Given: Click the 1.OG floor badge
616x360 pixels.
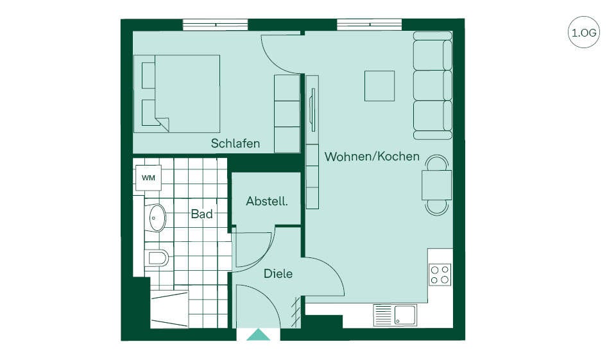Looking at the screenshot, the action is pyautogui.click(x=584, y=32).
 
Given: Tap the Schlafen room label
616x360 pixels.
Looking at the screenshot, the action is pyautogui.click(x=235, y=144).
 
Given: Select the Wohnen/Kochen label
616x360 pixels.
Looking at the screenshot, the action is pyautogui.click(x=372, y=157).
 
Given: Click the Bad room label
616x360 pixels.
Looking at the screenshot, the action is pyautogui.click(x=201, y=214).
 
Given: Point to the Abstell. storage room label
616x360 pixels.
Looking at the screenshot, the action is pyautogui.click(x=267, y=201).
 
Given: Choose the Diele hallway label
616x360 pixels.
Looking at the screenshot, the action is pyautogui.click(x=278, y=273).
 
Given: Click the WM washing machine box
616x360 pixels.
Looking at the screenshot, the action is pyautogui.click(x=148, y=178).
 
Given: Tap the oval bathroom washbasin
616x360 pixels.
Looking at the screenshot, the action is pyautogui.click(x=158, y=218).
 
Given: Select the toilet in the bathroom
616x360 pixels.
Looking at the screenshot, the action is pyautogui.click(x=157, y=258).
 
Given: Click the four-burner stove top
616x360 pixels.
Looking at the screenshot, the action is pyautogui.click(x=440, y=274).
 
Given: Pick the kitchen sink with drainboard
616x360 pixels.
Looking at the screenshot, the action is pyautogui.click(x=395, y=315).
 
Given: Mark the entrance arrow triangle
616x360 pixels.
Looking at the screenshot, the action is pyautogui.click(x=259, y=334).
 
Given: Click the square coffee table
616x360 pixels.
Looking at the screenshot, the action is pyautogui.click(x=379, y=86).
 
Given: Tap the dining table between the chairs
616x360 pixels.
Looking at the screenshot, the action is pyautogui.click(x=437, y=185).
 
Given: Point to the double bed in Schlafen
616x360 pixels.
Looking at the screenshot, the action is pyautogui.click(x=177, y=94).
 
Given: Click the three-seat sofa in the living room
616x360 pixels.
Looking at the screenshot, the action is pyautogui.click(x=432, y=86).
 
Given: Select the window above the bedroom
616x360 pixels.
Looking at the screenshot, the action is pyautogui.click(x=216, y=24).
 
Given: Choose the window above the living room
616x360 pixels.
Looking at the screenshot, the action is pyautogui.click(x=370, y=24).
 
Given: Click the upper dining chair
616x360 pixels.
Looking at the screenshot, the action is pyautogui.click(x=437, y=162).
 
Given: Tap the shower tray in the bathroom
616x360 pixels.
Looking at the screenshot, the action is pyautogui.click(x=169, y=309).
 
